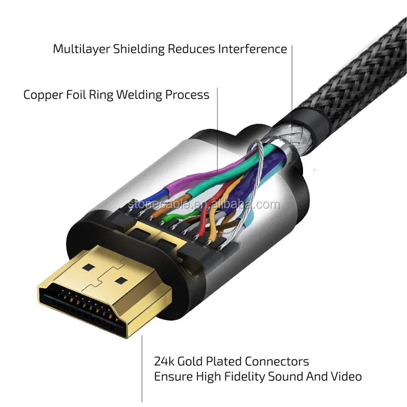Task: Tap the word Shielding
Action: coord(134,49)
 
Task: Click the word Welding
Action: coord(143,95)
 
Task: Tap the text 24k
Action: coord(163,362)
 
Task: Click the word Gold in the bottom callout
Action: coord(191,362)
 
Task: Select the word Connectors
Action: coord(277,362)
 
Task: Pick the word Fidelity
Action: coord(236,377)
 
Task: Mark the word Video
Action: coord(346,377)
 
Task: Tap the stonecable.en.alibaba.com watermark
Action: coord(203,205)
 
